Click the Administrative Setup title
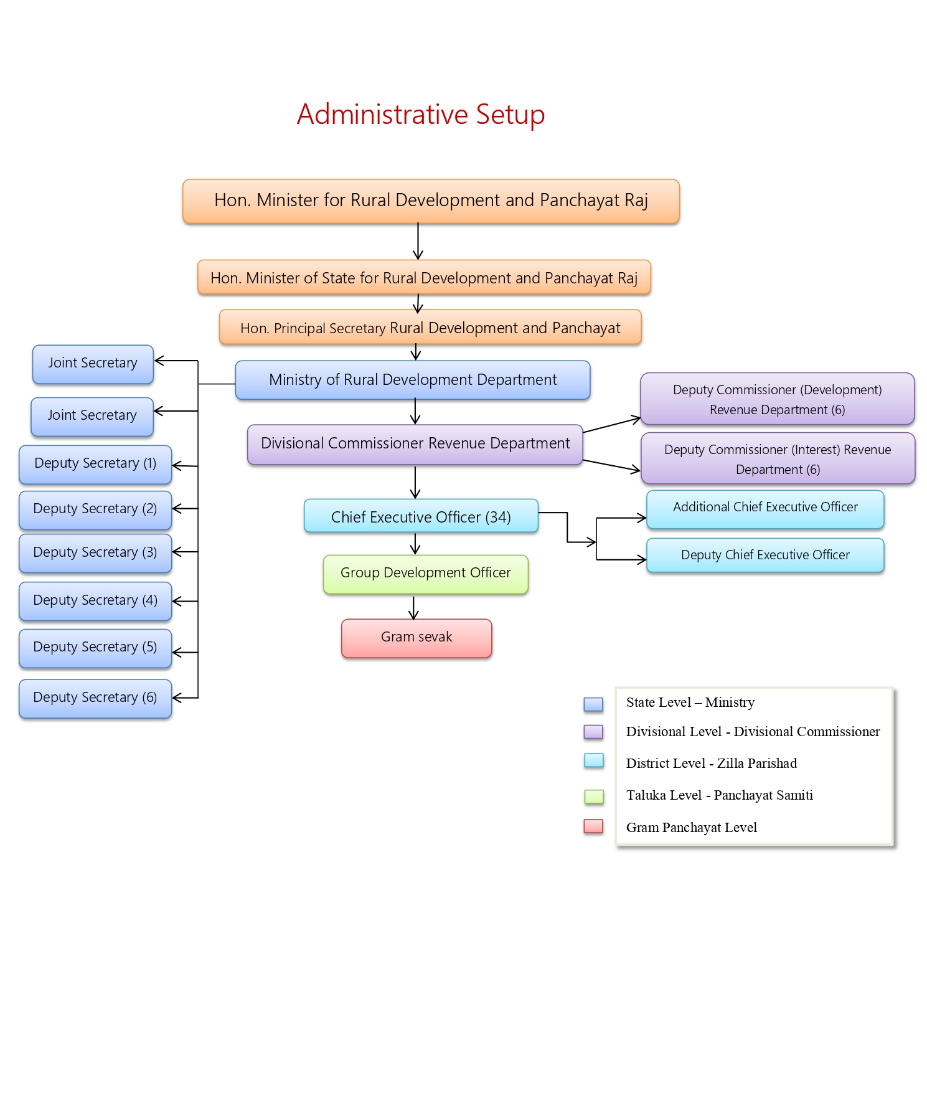421,115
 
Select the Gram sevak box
416,638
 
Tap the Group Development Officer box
425,574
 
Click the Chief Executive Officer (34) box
421,516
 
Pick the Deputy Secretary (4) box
95,601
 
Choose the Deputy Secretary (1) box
95,464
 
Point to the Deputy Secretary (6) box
95,698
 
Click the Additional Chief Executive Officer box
765,508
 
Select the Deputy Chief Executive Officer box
765,555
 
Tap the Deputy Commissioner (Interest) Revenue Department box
778,459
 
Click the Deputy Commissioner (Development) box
777,399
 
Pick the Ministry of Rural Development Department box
413,380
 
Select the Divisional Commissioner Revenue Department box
415,444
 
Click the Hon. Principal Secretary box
430,328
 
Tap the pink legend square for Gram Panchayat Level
593,826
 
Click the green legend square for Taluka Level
594,796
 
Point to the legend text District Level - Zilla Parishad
712,764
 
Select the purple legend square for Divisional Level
593,732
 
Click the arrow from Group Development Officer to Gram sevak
413,607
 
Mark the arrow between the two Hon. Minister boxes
418,242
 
